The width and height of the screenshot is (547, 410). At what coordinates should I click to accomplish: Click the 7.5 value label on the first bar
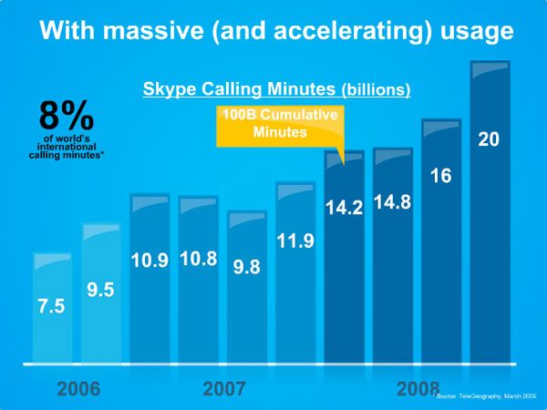click(51, 307)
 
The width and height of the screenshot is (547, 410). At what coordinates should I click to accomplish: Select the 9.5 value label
click(100, 291)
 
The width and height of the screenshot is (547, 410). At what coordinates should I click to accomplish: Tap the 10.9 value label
click(150, 259)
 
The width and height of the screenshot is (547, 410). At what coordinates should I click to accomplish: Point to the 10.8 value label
click(198, 259)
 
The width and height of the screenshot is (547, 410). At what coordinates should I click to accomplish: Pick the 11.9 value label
click(296, 242)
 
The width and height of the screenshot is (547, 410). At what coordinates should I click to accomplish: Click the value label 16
click(441, 176)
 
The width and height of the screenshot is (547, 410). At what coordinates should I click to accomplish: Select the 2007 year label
click(224, 389)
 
